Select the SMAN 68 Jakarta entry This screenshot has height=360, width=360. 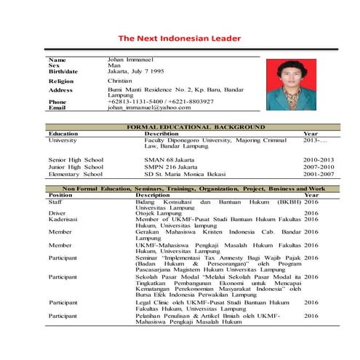point(168,159)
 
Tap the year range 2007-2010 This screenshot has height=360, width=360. point(319,167)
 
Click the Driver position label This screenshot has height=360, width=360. point(57,213)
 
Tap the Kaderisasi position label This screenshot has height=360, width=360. point(63,219)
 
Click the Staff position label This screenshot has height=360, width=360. point(55,201)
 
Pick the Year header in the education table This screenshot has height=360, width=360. point(311,134)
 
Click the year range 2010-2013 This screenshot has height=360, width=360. point(319,159)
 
